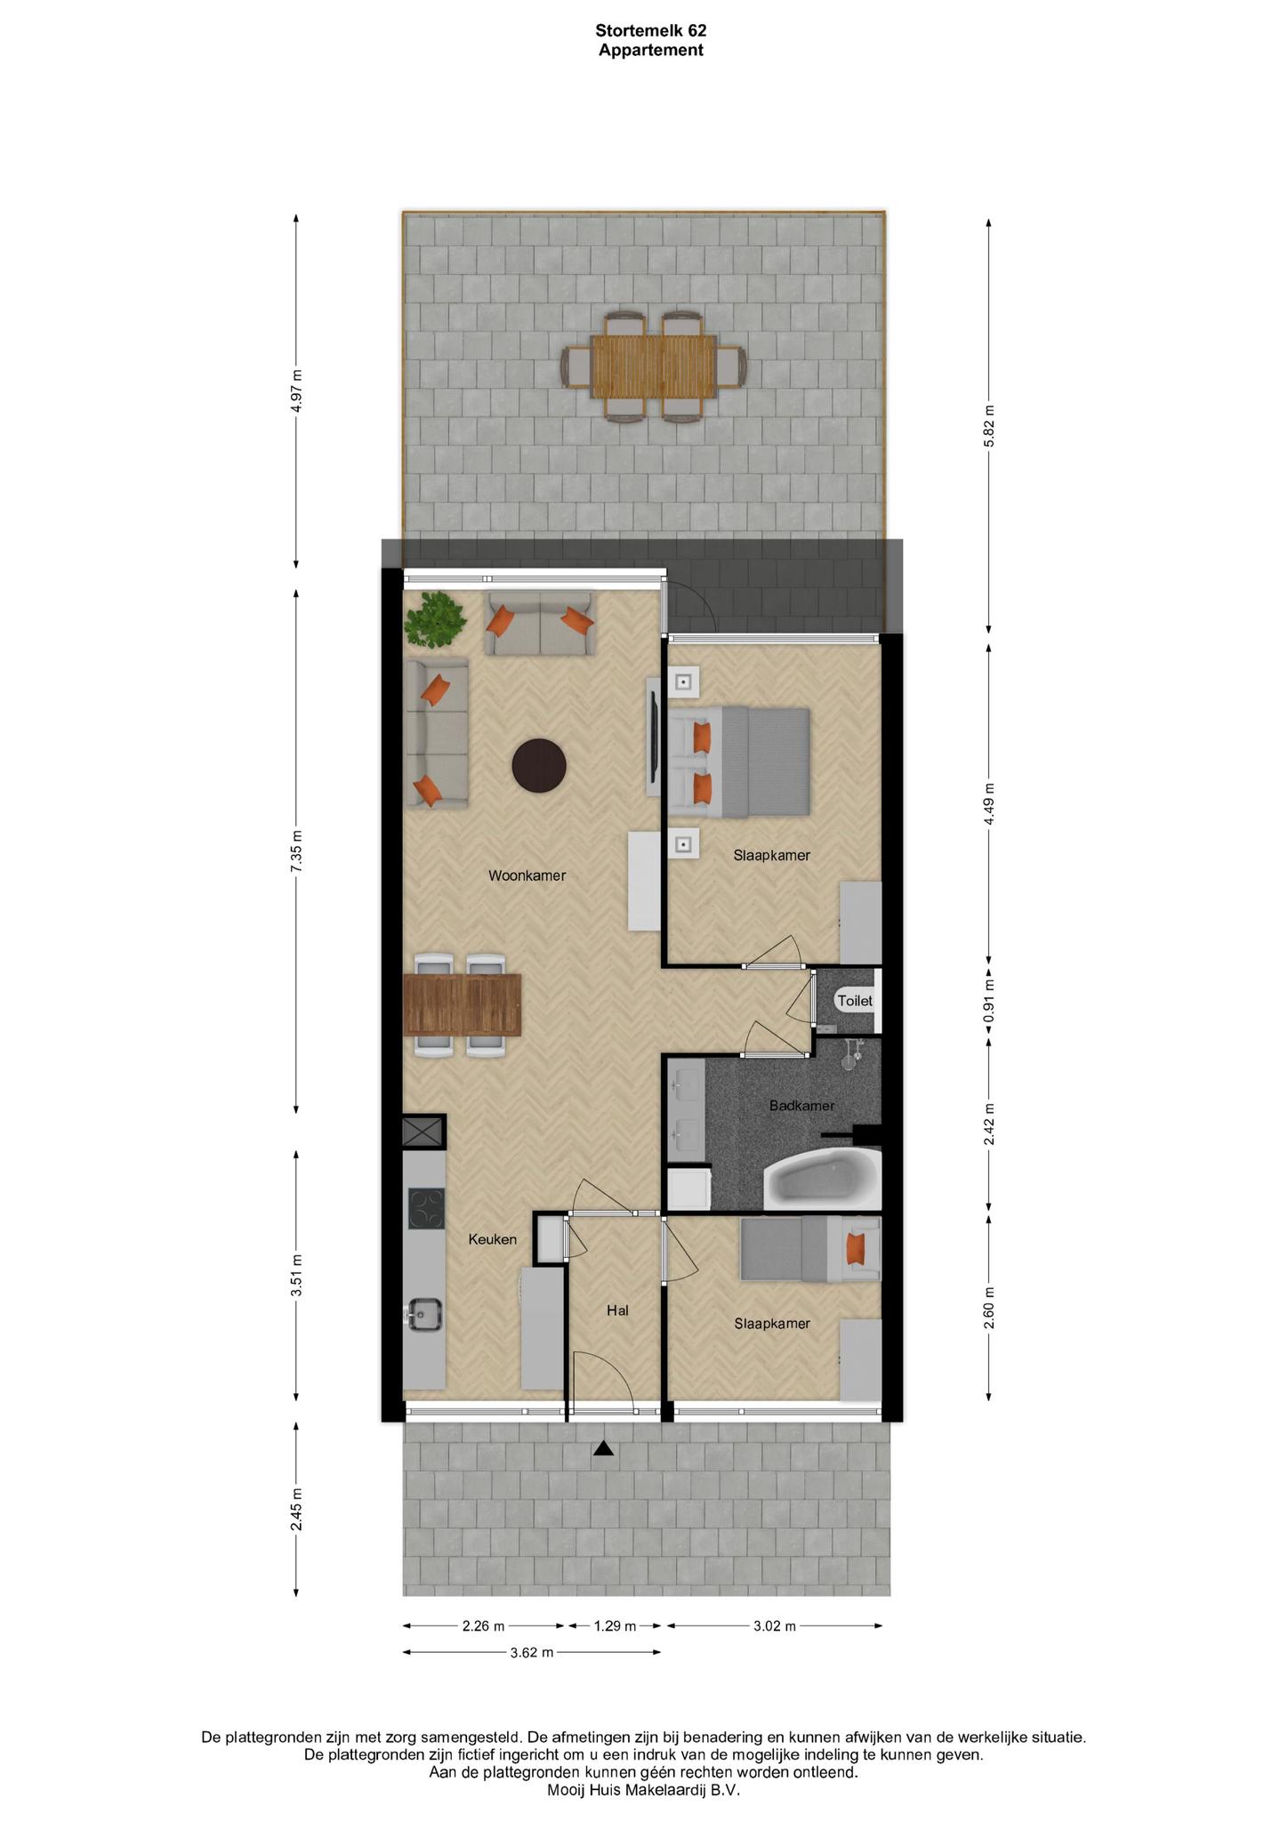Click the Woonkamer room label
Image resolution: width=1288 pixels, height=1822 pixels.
[527, 875]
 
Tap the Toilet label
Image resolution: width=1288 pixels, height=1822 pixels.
[855, 1001]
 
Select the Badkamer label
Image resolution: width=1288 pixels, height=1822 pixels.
[801, 1106]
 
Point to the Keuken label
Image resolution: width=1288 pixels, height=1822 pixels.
[493, 1239]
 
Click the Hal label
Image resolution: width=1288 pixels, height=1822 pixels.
[617, 1310]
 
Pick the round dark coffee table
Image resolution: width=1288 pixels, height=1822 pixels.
[539, 765]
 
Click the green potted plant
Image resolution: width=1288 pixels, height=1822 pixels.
[435, 618]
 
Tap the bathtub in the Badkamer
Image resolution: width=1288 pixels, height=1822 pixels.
[822, 1178]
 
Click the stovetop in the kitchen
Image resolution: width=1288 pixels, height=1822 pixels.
[426, 1209]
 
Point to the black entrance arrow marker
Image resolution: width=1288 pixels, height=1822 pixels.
[604, 1448]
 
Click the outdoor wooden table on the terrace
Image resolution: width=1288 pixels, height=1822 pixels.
[654, 367]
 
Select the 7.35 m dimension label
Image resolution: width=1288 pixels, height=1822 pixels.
[297, 851]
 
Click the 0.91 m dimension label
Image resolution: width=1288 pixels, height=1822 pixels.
[989, 1001]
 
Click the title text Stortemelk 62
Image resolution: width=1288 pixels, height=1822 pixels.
[651, 30]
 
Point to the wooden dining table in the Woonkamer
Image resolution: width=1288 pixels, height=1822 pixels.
[462, 1004]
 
